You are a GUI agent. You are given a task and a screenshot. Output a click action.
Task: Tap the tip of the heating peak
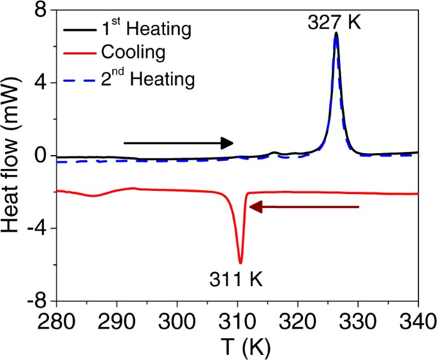point(336,34)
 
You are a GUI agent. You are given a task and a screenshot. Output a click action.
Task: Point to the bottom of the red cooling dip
point(241,262)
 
